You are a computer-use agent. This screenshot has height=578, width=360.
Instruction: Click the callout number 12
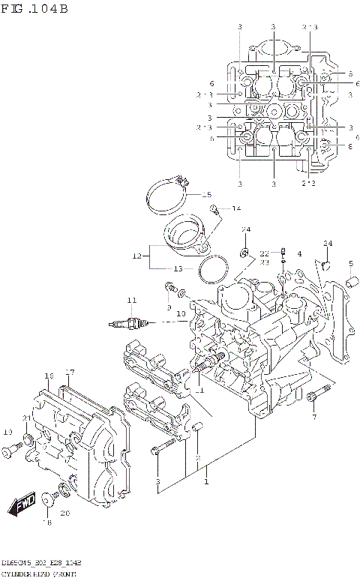coord(137,256)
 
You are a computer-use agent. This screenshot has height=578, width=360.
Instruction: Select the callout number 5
coord(350,262)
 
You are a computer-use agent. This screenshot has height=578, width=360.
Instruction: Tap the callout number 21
coord(26,418)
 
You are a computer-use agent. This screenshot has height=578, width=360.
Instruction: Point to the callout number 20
coord(64,514)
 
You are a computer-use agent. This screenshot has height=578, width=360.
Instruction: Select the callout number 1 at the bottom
coord(205,483)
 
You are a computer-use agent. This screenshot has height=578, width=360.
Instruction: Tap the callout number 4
coord(299,254)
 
